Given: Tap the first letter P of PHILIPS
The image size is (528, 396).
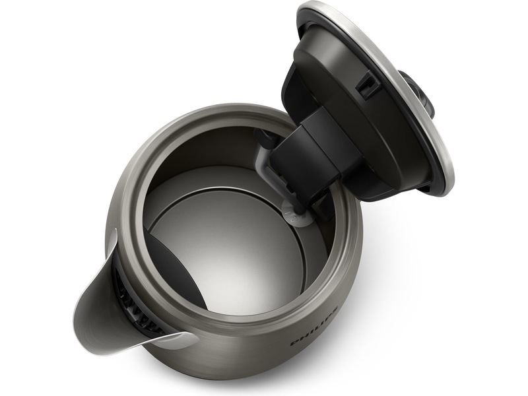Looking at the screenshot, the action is (x=294, y=343).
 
